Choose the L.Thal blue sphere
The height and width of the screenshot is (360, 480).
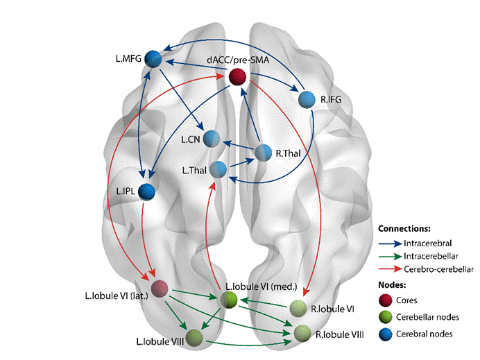(x=218, y=169)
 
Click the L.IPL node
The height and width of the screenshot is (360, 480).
(x=147, y=191)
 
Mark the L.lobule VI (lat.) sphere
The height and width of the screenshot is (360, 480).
(x=161, y=289)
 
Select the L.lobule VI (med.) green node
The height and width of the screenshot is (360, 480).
(x=229, y=300)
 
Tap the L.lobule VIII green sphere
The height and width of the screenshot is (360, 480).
(x=194, y=337)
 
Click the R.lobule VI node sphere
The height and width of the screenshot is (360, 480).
(x=298, y=308)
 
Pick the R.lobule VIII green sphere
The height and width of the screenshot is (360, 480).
(x=302, y=333)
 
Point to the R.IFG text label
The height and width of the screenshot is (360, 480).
(x=332, y=100)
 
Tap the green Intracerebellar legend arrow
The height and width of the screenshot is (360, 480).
(x=393, y=256)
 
